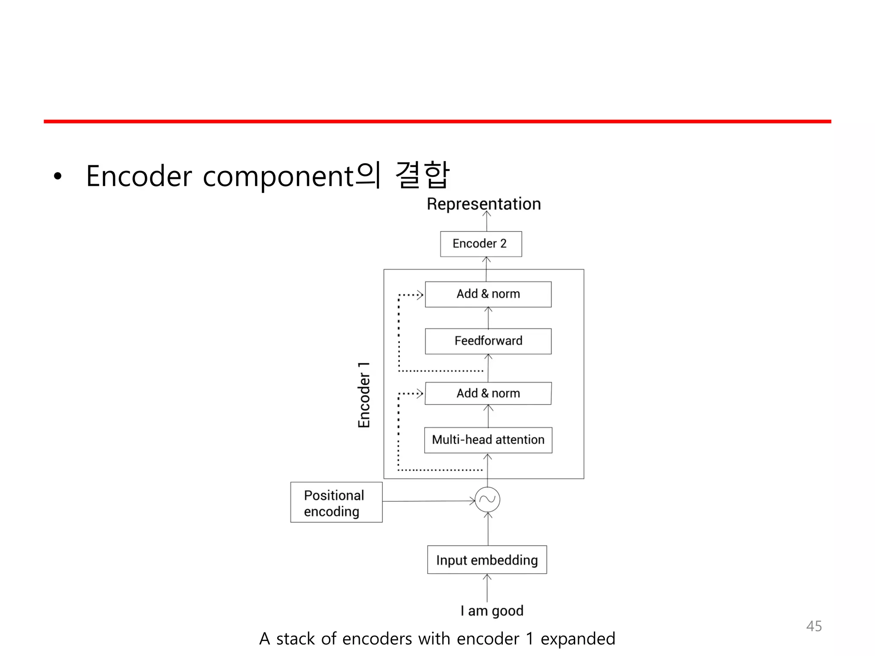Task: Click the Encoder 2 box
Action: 481,244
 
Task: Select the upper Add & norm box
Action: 488,294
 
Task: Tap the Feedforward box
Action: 488,341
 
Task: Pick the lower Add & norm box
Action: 488,393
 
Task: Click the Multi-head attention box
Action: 488,440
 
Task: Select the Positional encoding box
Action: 336,502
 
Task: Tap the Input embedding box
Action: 487,560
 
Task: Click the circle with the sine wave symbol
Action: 487,499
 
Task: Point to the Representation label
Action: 484,204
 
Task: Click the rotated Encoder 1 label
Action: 364,395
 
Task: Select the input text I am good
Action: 492,611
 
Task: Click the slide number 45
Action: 813,626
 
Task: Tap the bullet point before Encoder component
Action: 58,176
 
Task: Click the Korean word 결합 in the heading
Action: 422,175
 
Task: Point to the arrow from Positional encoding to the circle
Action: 428,501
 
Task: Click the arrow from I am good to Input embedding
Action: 487,588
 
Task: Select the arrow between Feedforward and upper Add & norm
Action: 488,318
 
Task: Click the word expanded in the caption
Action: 578,639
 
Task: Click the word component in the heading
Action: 279,176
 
